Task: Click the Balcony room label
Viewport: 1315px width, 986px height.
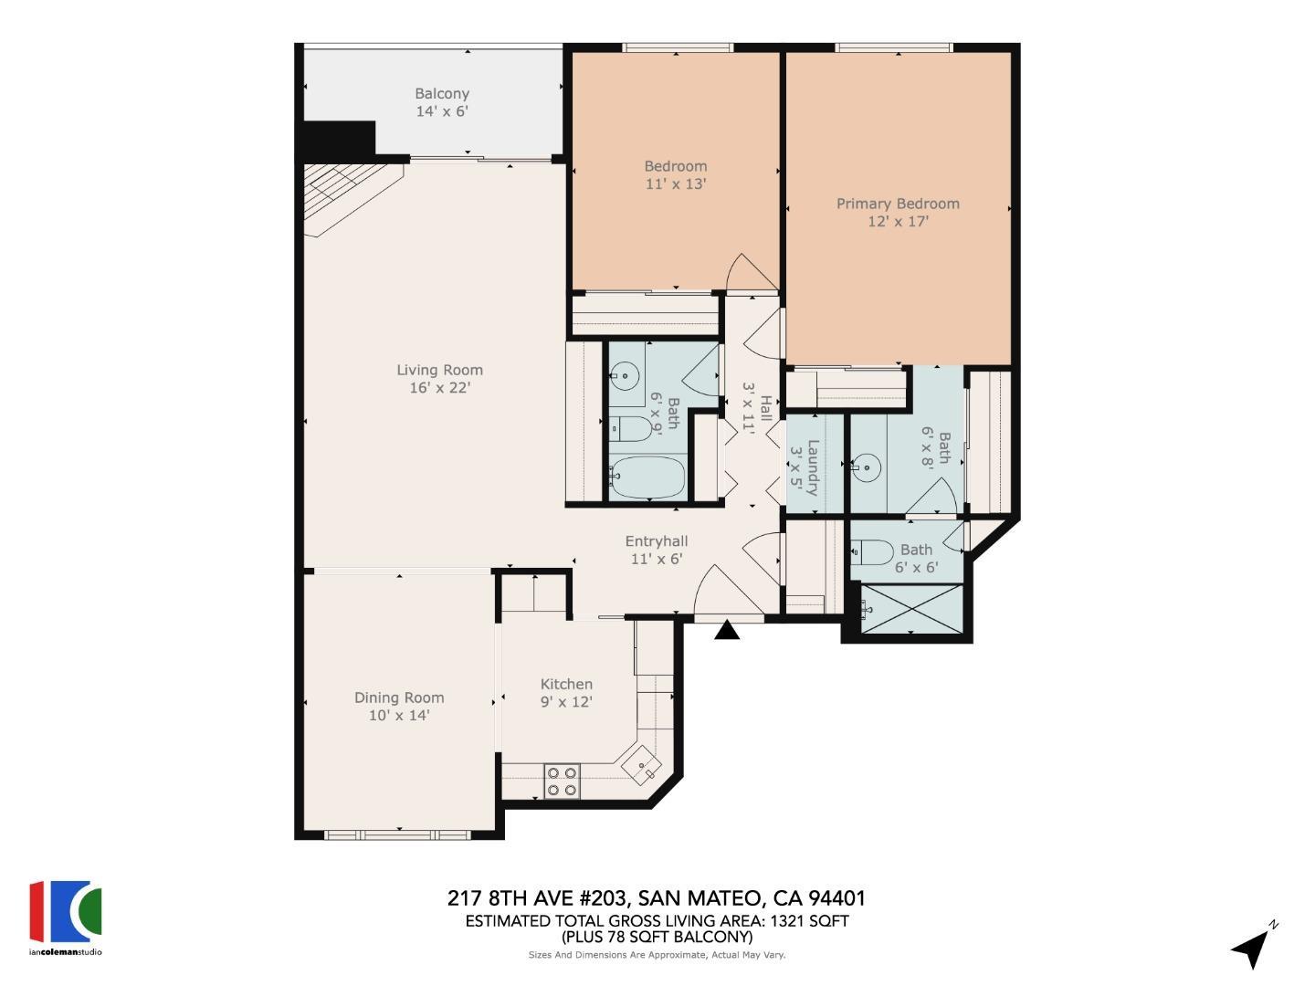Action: point(442,102)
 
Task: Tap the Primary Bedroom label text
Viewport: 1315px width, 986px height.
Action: point(898,212)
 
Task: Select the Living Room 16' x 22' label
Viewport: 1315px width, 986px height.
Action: point(439,379)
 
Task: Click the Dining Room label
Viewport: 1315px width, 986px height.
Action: point(399,706)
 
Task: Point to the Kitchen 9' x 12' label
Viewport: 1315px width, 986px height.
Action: point(566,693)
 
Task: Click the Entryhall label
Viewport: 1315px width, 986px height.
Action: point(656,550)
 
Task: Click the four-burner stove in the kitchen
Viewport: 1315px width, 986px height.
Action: point(562,781)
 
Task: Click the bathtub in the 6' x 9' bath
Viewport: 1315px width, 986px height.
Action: point(647,477)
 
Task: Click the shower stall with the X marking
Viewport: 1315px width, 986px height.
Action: point(911,608)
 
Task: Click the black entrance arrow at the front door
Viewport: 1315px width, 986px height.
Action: point(727,630)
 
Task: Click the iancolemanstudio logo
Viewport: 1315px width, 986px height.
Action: point(66,917)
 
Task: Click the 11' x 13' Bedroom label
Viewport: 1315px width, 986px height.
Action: point(676,174)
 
